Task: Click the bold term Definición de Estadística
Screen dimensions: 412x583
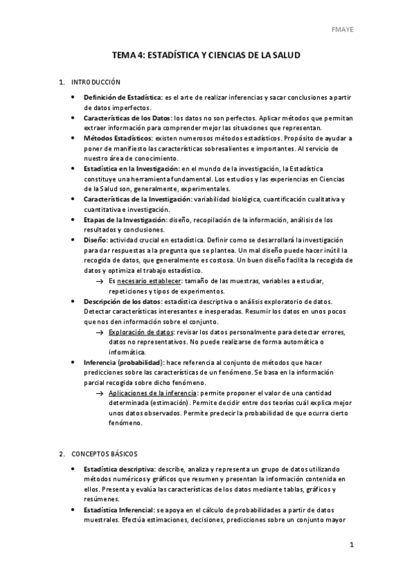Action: (x=122, y=98)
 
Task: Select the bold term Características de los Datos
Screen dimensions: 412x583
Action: (x=127, y=118)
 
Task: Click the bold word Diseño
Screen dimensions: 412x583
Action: (x=95, y=240)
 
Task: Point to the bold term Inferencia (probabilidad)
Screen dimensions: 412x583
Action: (x=122, y=362)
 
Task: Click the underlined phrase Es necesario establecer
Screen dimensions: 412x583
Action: (x=146, y=281)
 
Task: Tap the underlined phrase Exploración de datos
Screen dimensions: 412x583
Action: (x=141, y=332)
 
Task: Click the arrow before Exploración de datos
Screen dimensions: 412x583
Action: (x=100, y=332)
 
